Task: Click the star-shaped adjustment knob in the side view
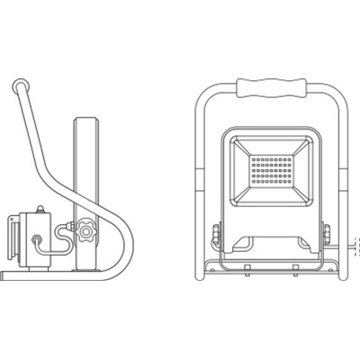click(x=85, y=230)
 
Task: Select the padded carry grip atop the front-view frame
click(x=268, y=88)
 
